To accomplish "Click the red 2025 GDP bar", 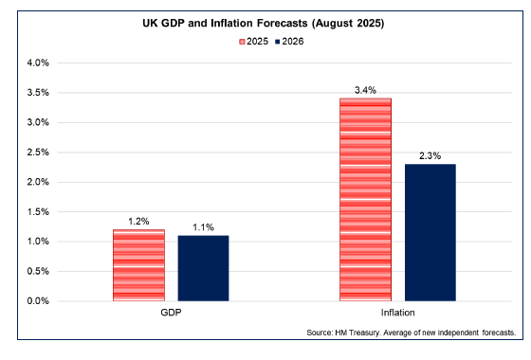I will (x=138, y=265).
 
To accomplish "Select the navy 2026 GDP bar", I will (x=203, y=268).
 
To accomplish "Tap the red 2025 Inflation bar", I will (x=365, y=199).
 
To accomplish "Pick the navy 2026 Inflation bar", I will (x=430, y=232).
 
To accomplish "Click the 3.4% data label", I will (x=365, y=90).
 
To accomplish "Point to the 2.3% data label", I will (x=430, y=155).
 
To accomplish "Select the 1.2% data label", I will (x=138, y=221).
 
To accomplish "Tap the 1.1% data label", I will (x=203, y=227).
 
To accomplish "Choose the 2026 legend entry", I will (x=293, y=42).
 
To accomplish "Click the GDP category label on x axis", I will (x=171, y=313).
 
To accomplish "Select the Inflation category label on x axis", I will (x=397, y=313).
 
